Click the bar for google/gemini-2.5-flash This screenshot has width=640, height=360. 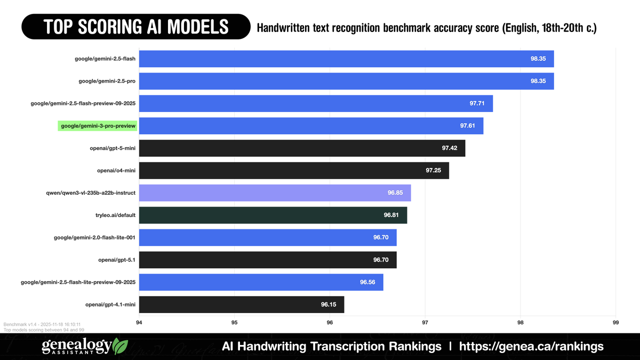pos(346,59)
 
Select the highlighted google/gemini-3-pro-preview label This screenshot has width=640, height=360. pos(97,126)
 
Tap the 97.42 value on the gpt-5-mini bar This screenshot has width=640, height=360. pos(450,148)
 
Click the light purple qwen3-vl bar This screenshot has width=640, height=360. pos(275,193)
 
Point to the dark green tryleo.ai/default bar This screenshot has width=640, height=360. pos(273,215)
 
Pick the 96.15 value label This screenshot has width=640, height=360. pos(329,305)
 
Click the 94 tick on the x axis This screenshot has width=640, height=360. pos(139,323)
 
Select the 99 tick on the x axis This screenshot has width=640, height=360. pos(615,323)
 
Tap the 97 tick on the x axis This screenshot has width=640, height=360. pos(425,323)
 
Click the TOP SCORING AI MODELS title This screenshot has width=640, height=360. pos(135,26)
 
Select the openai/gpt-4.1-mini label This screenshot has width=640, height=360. pos(110,305)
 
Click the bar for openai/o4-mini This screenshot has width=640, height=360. pos(294,171)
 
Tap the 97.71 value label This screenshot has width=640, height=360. pos(477,103)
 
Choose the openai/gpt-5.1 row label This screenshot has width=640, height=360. pos(117,260)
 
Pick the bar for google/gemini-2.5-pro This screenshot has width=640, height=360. pos(346,81)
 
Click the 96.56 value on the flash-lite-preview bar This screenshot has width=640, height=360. pos(367,282)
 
